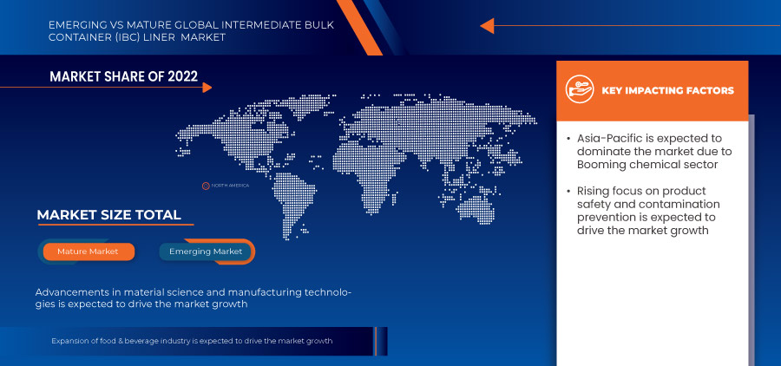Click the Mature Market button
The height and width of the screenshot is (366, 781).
(89, 252)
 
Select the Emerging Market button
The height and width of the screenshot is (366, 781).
(206, 252)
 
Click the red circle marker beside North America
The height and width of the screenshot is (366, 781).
(206, 185)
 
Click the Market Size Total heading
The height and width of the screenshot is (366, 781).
(108, 215)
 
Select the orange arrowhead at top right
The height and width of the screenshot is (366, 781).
(487, 25)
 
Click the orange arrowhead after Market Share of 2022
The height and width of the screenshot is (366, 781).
(206, 87)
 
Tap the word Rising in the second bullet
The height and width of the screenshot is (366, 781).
(594, 191)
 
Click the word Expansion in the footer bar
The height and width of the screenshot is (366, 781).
(71, 341)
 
